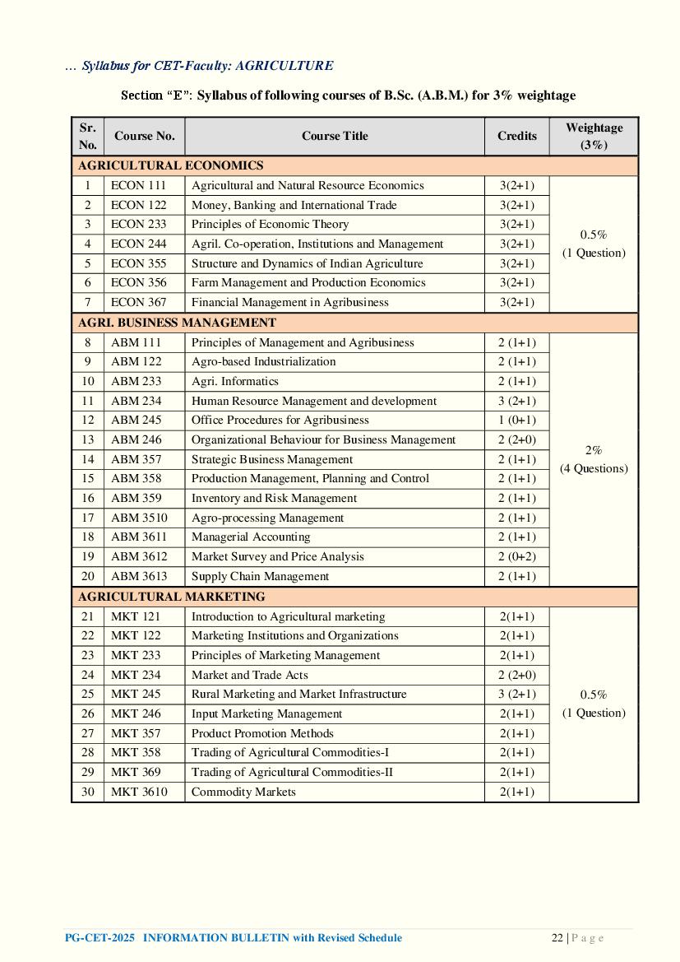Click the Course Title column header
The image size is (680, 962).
pyautogui.click(x=335, y=136)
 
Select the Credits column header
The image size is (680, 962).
pyautogui.click(x=516, y=136)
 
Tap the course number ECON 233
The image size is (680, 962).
pyautogui.click(x=138, y=225)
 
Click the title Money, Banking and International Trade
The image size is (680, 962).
pyautogui.click(x=294, y=205)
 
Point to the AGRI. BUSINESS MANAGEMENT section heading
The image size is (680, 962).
pyautogui.click(x=177, y=323)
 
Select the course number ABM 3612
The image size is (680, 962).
pyautogui.click(x=138, y=556)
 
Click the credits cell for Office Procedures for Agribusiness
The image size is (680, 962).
pyautogui.click(x=516, y=420)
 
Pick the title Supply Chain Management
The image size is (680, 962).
pyautogui.click(x=260, y=576)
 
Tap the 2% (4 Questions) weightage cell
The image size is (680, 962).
pyautogui.click(x=594, y=459)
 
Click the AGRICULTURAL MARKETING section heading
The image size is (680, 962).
pyautogui.click(x=171, y=597)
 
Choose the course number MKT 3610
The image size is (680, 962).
pyautogui.click(x=138, y=792)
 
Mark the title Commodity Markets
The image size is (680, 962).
pyautogui.click(x=243, y=792)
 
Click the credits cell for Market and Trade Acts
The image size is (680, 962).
pyautogui.click(x=516, y=675)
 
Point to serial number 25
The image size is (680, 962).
pyautogui.click(x=88, y=694)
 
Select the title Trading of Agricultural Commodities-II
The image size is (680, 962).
pyautogui.click(x=292, y=772)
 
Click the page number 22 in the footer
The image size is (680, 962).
pyautogui.click(x=557, y=938)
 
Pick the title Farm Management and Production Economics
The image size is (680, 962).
pyautogui.click(x=308, y=282)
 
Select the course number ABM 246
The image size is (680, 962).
pyautogui.click(x=136, y=439)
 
